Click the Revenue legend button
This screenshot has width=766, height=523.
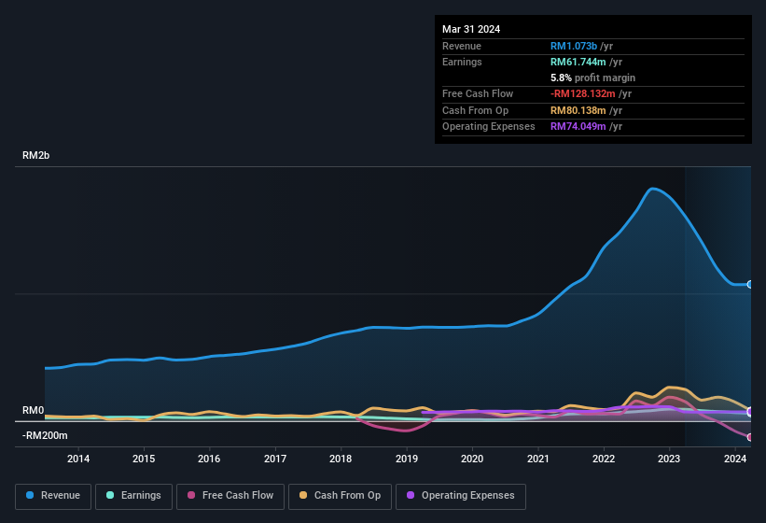53,496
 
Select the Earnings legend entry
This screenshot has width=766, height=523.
134,496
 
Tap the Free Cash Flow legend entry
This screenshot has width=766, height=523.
230,496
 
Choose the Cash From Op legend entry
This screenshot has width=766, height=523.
340,496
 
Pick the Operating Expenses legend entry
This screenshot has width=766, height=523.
461,496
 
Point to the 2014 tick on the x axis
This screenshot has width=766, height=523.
78,459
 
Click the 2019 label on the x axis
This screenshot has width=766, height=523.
407,459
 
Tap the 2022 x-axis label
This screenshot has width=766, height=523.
604,459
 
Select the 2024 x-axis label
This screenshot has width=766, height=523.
735,459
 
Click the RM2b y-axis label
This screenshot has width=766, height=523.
35,156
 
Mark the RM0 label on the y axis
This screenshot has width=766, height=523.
33,411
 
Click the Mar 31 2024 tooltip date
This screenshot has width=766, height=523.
471,29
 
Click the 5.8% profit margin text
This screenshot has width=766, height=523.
592,78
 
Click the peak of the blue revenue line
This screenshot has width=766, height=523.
653,189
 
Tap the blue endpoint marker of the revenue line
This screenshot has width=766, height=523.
749,284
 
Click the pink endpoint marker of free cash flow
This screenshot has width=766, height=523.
749,437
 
